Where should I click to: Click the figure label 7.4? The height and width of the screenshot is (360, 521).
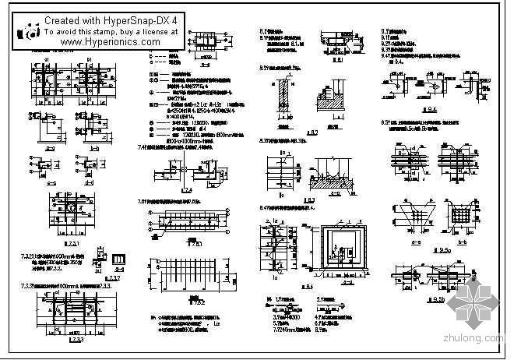point(186,190)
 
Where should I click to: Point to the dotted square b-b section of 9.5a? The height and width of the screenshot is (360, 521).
point(458,214)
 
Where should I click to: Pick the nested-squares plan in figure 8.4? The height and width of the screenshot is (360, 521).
point(336,248)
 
